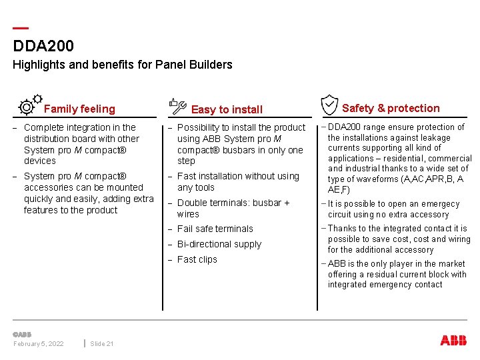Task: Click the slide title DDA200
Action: (x=43, y=46)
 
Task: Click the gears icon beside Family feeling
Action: (x=30, y=105)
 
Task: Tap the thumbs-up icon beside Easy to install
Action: (x=177, y=105)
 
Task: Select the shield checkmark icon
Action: (x=329, y=105)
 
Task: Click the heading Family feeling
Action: (x=79, y=109)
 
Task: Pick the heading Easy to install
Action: (x=227, y=110)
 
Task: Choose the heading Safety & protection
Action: (x=391, y=109)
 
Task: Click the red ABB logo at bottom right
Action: (x=453, y=340)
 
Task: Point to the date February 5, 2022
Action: (x=39, y=343)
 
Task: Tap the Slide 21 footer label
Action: (x=102, y=343)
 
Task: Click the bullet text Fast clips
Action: (x=197, y=259)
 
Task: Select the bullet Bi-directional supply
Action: (x=219, y=244)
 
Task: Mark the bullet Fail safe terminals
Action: (x=215, y=229)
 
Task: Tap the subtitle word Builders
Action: (x=209, y=65)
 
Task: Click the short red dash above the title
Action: (x=21, y=29)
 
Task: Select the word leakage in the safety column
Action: (x=435, y=138)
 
